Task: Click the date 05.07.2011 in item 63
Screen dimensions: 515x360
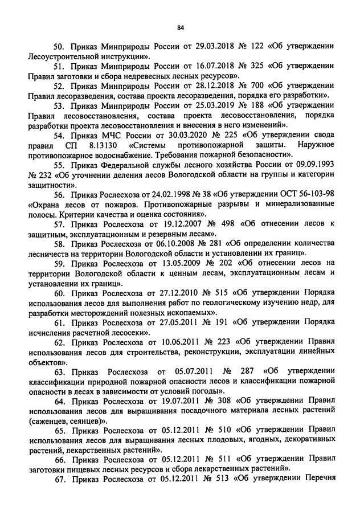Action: click(x=189, y=371)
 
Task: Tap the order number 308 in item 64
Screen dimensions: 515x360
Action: click(x=228, y=400)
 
